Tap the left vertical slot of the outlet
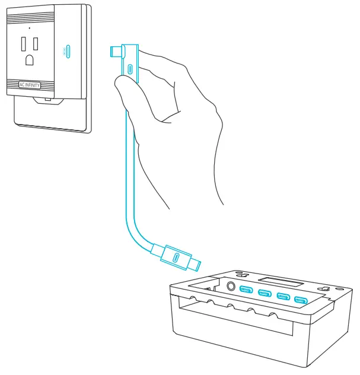click(23, 45)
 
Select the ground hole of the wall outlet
click(28, 59)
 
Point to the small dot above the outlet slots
click(29, 27)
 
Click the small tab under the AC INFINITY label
click(47, 99)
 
